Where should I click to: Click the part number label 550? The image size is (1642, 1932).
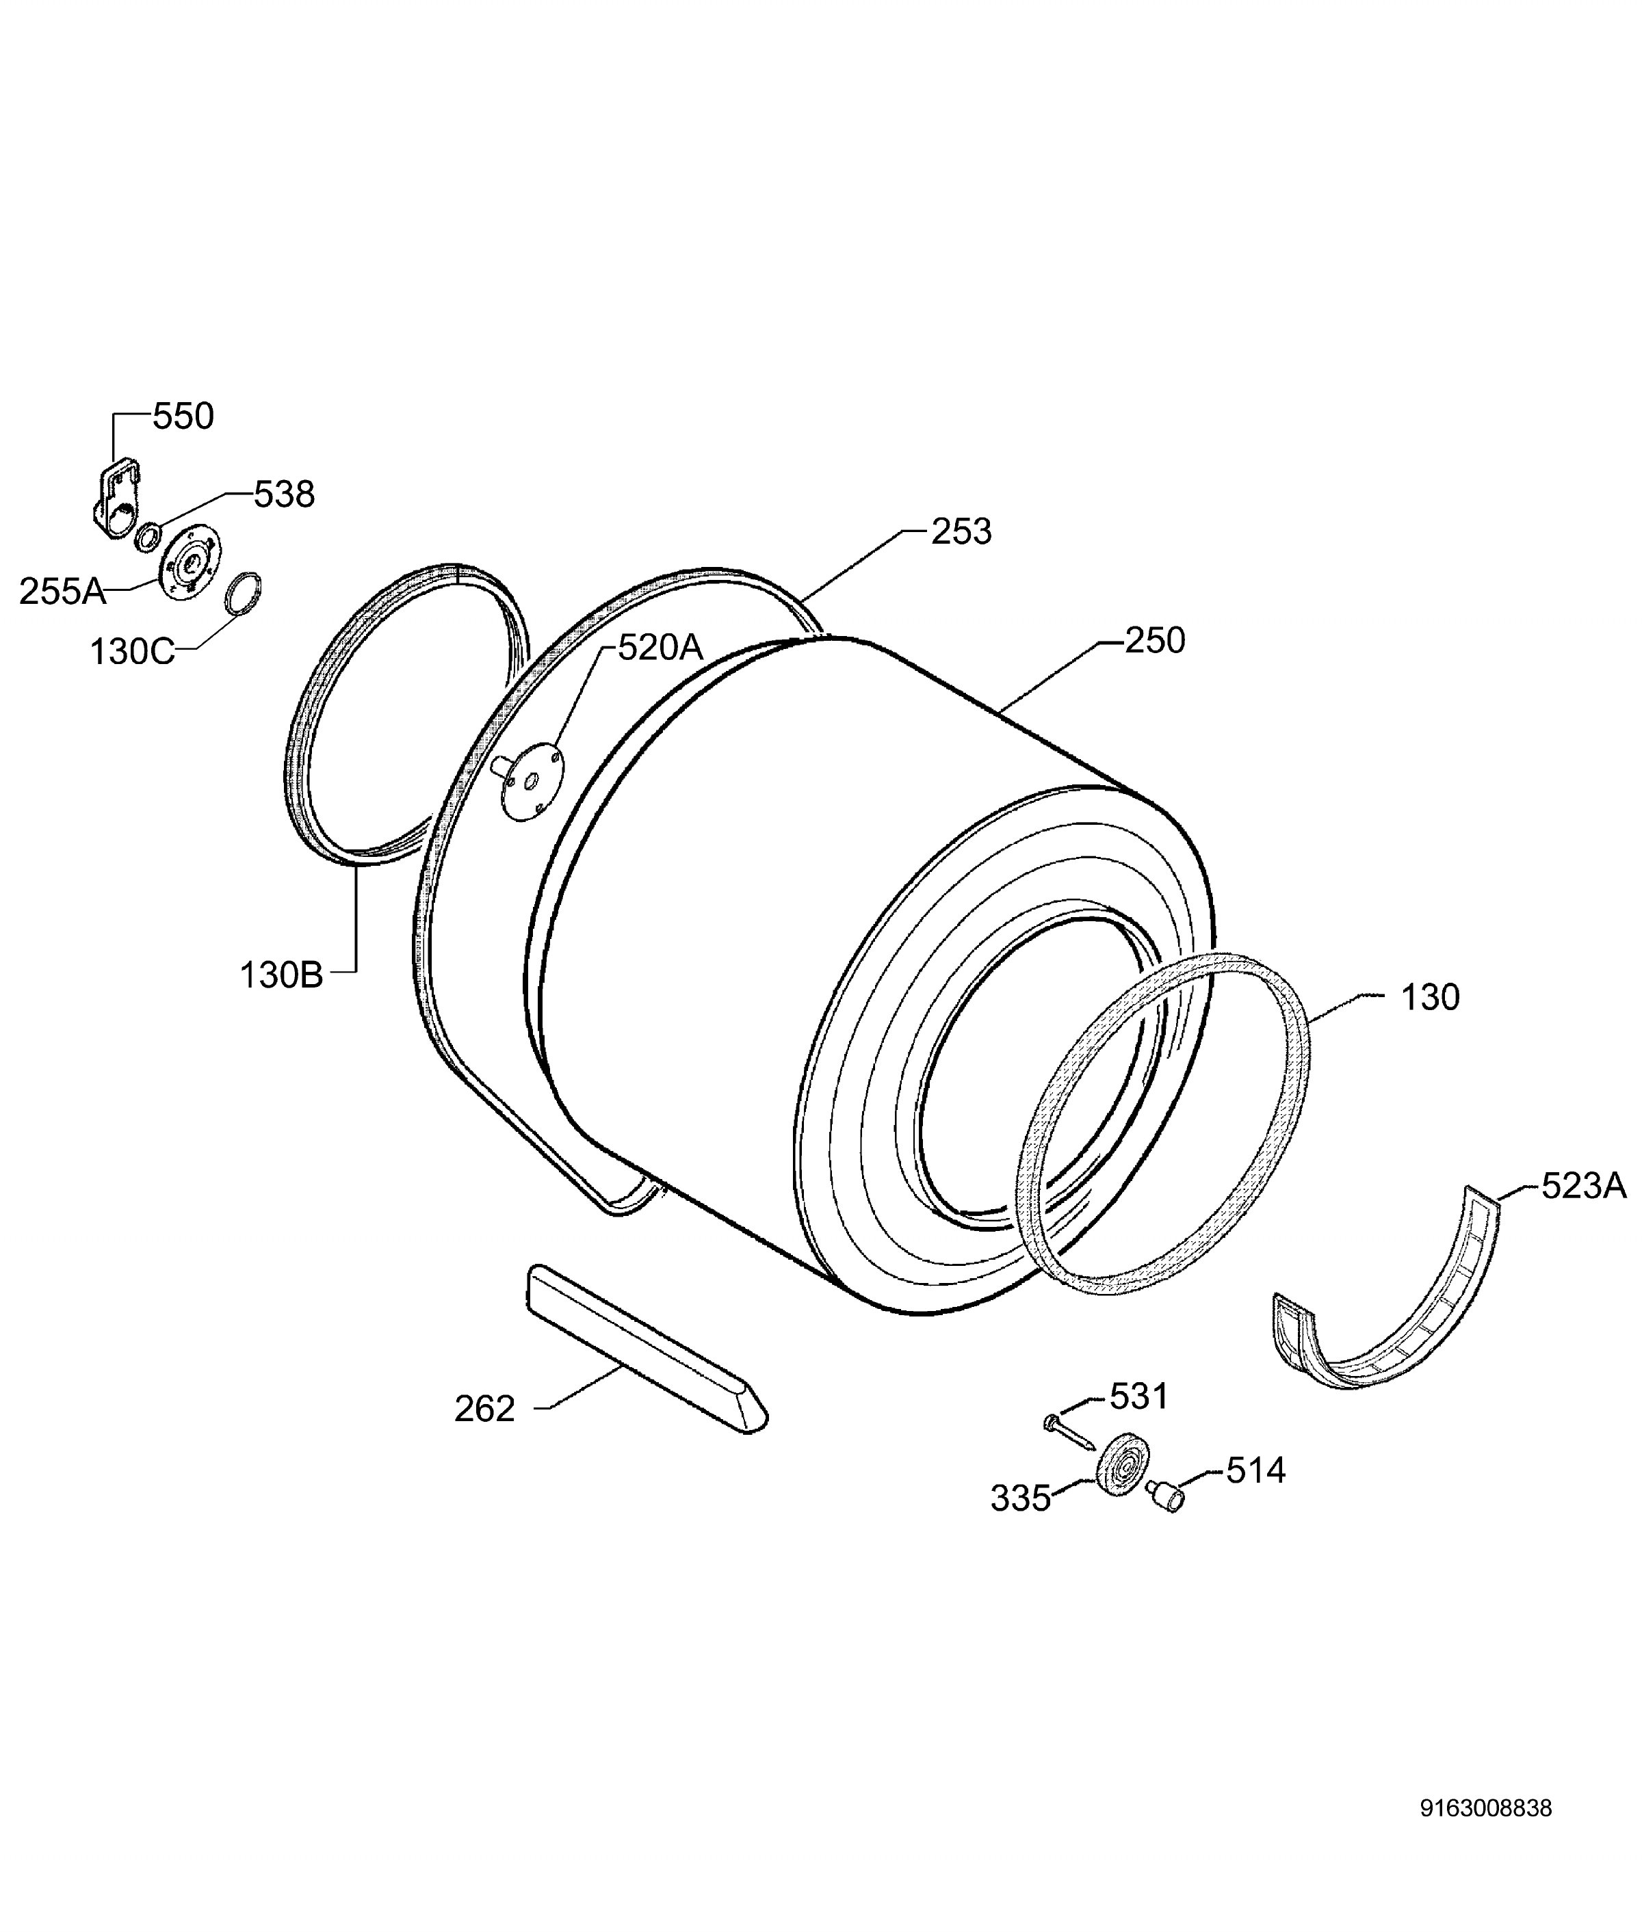point(183,416)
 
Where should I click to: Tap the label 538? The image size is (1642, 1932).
point(285,494)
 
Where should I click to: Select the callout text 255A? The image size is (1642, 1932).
point(62,591)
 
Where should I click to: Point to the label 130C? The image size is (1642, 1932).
point(132,652)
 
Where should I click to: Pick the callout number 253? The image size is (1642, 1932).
point(961,532)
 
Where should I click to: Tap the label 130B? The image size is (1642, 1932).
point(281,975)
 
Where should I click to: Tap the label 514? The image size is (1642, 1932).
point(1255,1470)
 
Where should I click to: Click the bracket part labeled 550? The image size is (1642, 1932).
point(116,503)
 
